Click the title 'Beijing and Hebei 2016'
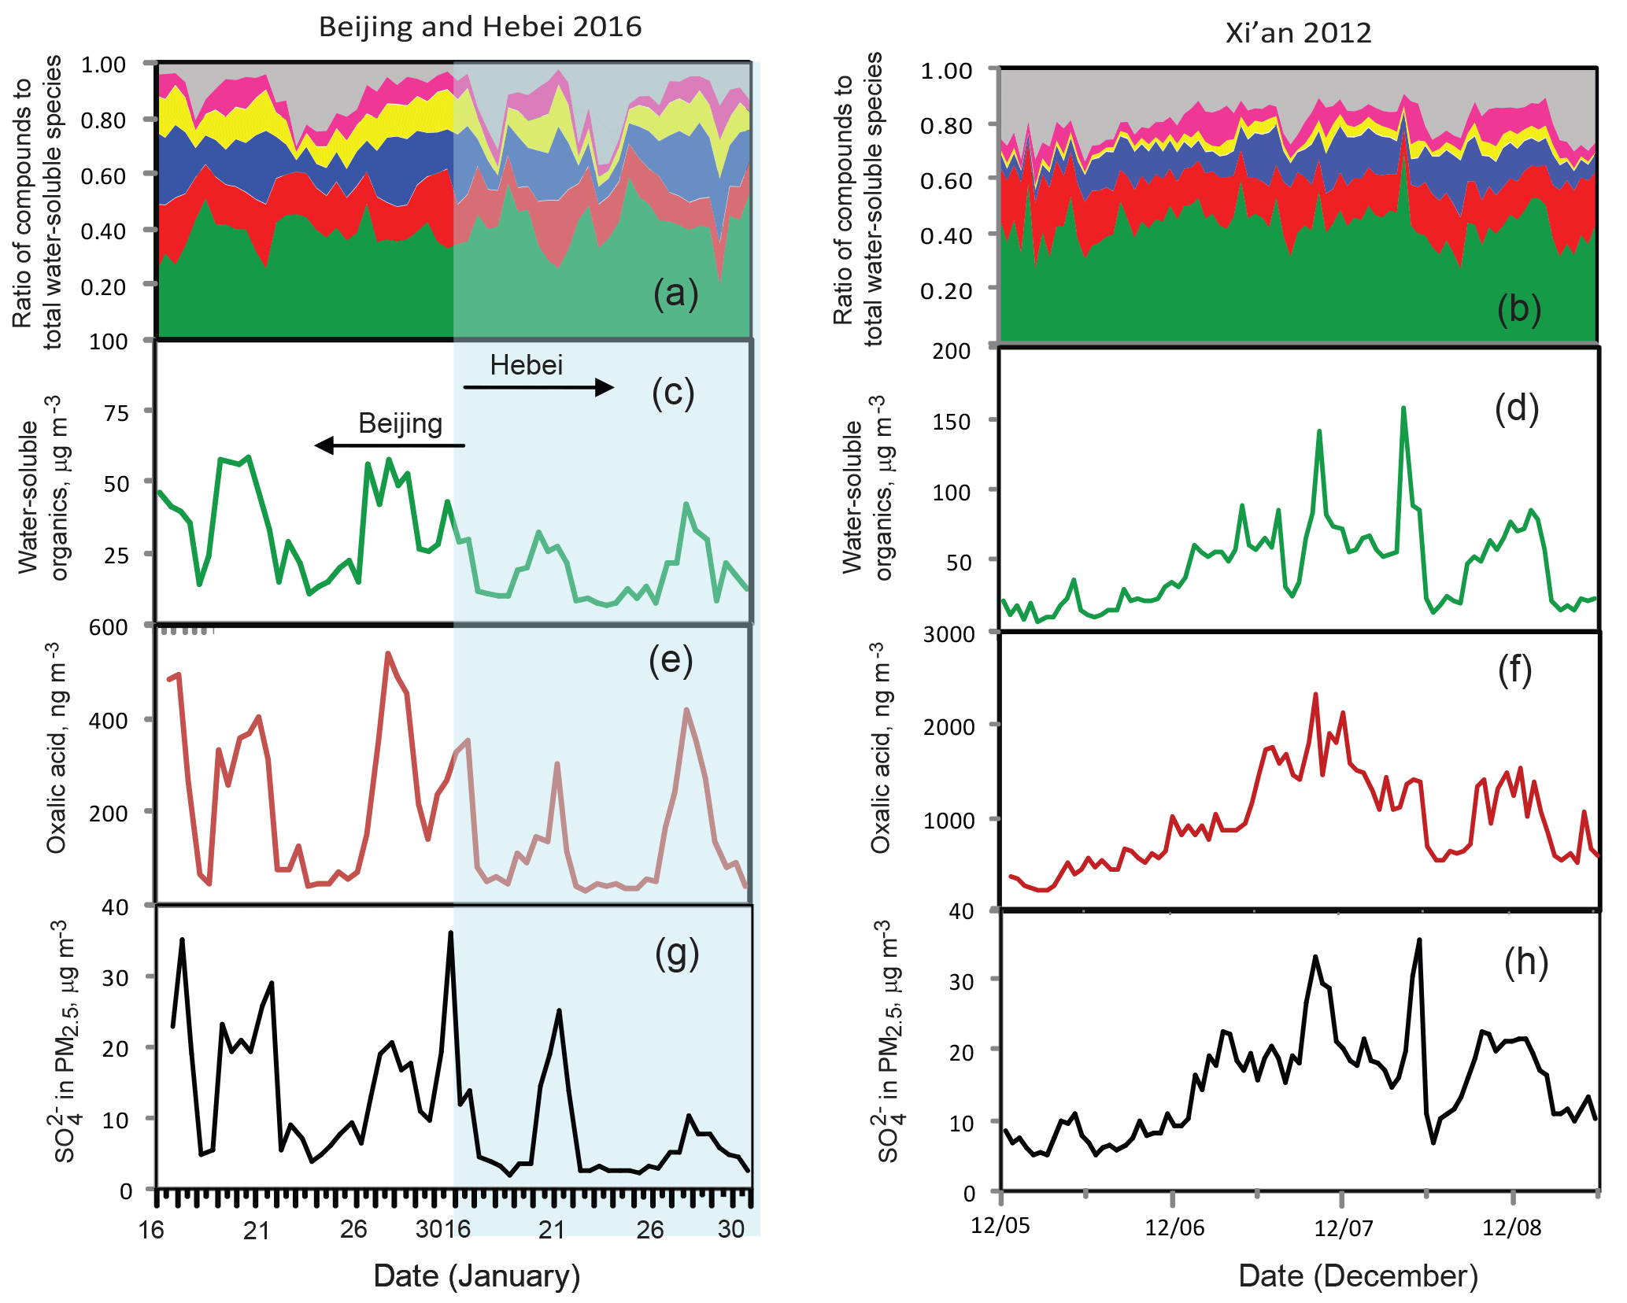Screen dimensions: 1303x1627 [x=480, y=27]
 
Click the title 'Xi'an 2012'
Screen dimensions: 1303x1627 [x=1298, y=33]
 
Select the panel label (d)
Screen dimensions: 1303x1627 [x=1516, y=408]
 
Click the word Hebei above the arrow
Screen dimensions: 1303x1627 [x=526, y=365]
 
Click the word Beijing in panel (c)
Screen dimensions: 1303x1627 [x=400, y=423]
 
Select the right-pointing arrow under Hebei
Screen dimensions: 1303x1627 [x=538, y=387]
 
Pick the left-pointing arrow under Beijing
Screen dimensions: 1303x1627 [x=390, y=445]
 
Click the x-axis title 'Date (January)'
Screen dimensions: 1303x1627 [x=476, y=1275]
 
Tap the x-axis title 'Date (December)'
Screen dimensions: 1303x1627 [x=1358, y=1275]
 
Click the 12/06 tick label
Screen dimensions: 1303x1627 [x=1174, y=1227]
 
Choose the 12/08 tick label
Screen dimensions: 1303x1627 [x=1511, y=1227]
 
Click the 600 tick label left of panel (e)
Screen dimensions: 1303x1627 [x=109, y=627]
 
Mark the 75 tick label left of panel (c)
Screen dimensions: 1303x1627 [x=116, y=412]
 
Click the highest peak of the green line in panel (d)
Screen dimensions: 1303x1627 [x=1403, y=408]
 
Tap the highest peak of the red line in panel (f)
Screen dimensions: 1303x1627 [x=1315, y=695]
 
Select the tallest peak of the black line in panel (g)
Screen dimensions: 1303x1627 [x=450, y=933]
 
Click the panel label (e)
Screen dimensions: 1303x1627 [x=671, y=660]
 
